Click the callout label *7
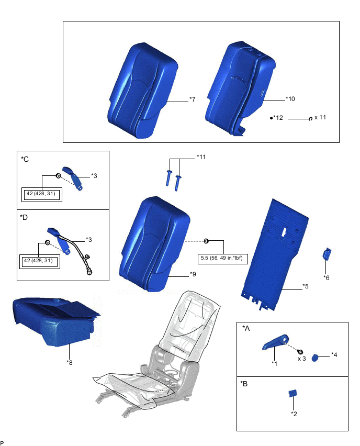(x=192, y=99)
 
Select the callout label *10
(x=291, y=98)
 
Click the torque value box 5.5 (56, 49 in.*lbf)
(x=223, y=258)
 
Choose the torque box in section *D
(x=40, y=261)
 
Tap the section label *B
(x=244, y=384)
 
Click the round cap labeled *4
(x=316, y=358)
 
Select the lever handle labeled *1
(x=274, y=343)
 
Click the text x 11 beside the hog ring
(x=320, y=118)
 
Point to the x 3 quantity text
(x=302, y=359)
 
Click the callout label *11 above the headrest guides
(x=201, y=157)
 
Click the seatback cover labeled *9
(x=152, y=241)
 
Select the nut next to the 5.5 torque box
(x=206, y=241)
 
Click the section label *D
(x=25, y=217)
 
